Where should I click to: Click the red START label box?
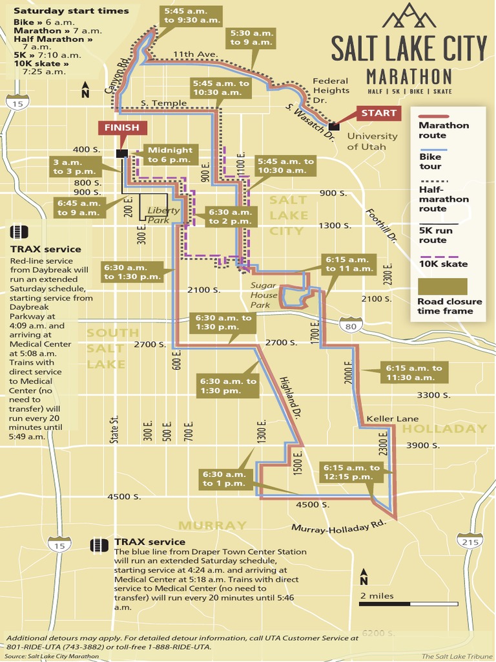click(x=378, y=113)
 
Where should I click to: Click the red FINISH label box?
click(x=121, y=128)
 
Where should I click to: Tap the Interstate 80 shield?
click(x=351, y=326)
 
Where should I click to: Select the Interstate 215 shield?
click(x=470, y=542)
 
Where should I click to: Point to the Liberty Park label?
click(x=163, y=215)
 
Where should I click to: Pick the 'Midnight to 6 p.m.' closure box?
click(x=170, y=155)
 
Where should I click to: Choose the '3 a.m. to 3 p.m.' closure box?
click(x=74, y=167)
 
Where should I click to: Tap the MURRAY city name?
click(x=212, y=525)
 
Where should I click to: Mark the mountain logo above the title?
click(x=409, y=16)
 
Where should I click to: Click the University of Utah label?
click(x=372, y=142)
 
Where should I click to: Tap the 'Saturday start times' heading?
click(x=71, y=10)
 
